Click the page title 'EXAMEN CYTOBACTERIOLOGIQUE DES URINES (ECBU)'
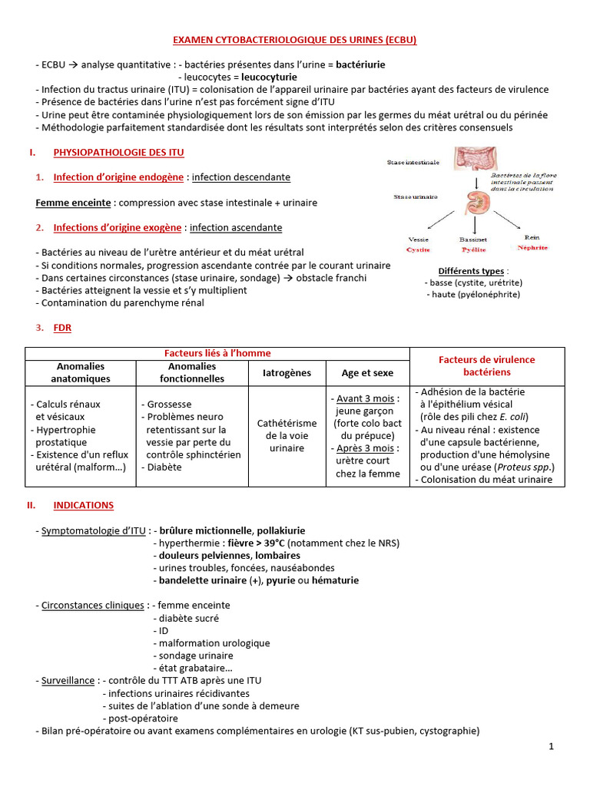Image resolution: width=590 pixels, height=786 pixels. tap(294, 40)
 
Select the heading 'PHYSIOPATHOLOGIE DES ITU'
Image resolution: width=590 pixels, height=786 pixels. tap(118, 153)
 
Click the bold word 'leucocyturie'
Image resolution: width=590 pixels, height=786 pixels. tap(270, 77)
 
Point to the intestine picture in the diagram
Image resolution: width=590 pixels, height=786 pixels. tap(480, 159)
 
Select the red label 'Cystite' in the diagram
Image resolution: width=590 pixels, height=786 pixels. tap(419, 249)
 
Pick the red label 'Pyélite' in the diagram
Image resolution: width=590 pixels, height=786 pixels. tap(473, 249)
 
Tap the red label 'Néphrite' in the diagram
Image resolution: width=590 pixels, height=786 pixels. tap(532, 249)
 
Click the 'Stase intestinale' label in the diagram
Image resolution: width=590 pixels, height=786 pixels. tap(413, 163)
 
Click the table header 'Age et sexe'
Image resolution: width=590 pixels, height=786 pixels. tap(367, 373)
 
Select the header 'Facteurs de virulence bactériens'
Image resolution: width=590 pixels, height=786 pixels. tap(486, 365)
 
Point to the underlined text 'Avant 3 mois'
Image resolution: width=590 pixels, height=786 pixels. tap(365, 398)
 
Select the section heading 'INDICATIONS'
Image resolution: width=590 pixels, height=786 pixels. tap(83, 505)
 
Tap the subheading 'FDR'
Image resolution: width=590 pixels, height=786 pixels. tap(61, 328)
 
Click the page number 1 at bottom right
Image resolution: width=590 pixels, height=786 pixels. tap(551, 746)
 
